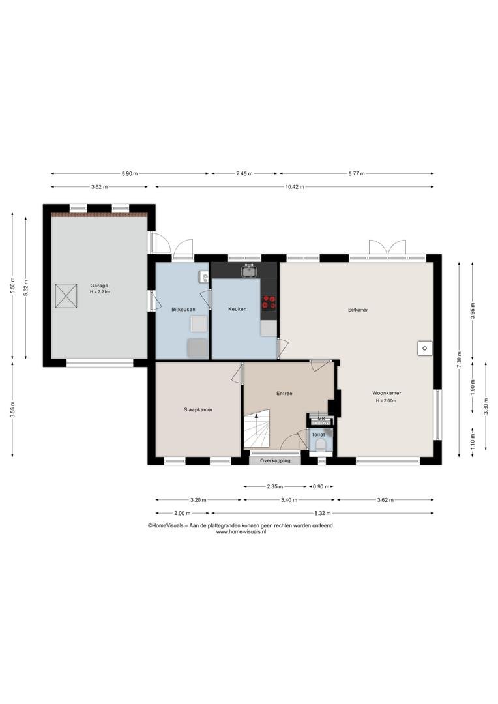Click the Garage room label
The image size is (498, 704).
coord(99,286)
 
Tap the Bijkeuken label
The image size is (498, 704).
coord(183,310)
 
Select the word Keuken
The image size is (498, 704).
coord(237,309)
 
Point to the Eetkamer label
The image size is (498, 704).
coord(358,310)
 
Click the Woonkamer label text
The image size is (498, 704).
coord(386,393)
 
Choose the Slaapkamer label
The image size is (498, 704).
coord(198,409)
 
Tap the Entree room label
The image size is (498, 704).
coord(284,393)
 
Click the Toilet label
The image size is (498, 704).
coord(318,435)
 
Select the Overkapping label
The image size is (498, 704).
coord(275,460)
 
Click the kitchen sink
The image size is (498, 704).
coord(248,271)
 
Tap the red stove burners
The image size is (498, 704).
coord(269,302)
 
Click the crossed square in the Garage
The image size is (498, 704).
coord(66,295)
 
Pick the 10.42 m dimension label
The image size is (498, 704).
coord(295,187)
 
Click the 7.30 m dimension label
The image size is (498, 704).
coord(459,359)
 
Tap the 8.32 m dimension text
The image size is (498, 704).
coord(322,513)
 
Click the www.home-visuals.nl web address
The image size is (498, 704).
coord(241,531)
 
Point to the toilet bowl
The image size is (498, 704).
coord(321,445)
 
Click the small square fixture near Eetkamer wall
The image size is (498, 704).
coord(424,348)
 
